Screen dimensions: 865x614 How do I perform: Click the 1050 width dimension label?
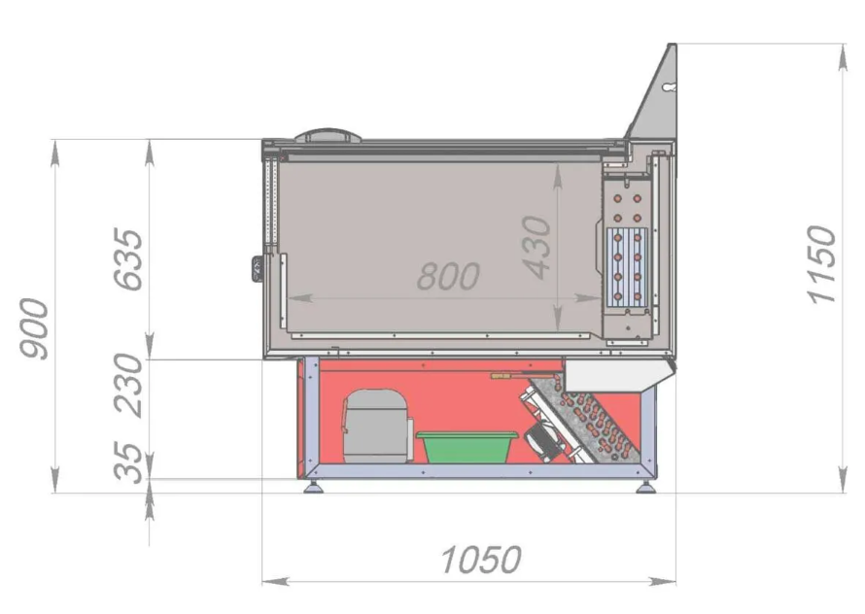481,560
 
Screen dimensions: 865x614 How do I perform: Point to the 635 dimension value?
128,258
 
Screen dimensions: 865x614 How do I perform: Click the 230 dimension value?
128,385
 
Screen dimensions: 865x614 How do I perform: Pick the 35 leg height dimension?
128,462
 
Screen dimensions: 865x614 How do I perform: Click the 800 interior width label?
448,276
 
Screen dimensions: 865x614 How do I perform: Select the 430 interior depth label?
536,247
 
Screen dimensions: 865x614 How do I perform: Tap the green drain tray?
467,446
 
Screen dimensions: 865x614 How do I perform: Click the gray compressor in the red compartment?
377,426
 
